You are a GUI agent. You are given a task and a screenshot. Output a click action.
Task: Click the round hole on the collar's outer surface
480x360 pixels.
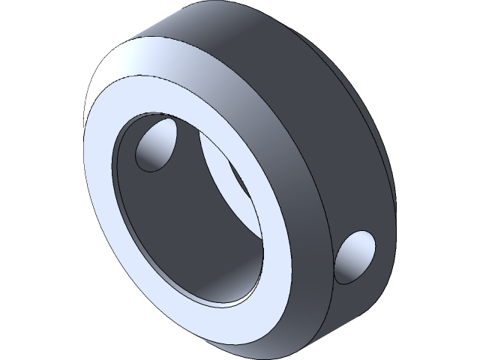[355, 257]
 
